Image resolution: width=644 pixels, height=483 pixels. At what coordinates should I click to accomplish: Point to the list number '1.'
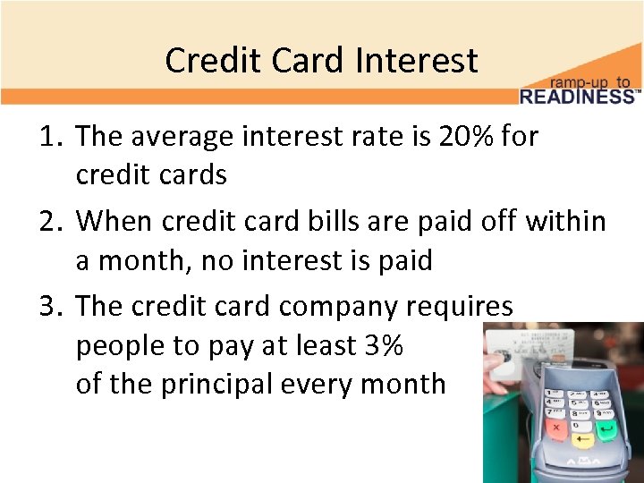tap(50, 137)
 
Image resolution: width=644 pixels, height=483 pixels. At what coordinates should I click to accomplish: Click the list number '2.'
tap(50, 221)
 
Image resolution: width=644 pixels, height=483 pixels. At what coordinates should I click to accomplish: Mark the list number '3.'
tap(50, 306)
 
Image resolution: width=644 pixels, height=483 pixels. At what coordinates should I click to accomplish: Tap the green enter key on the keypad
tap(608, 431)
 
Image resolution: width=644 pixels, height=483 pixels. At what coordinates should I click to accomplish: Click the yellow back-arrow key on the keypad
tap(583, 439)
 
